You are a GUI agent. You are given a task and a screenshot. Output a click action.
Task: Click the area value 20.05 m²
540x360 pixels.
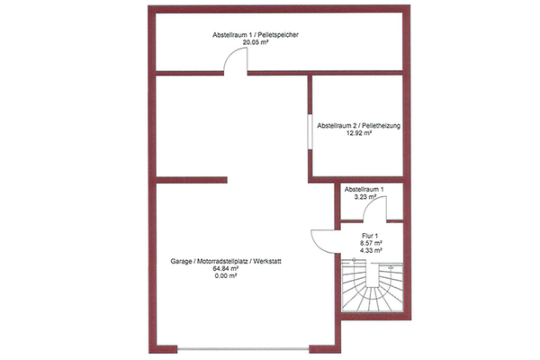[256, 42]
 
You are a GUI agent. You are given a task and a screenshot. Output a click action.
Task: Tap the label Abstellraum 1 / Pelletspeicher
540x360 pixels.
[256, 35]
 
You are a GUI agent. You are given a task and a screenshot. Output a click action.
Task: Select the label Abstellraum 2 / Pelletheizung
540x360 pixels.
[358, 126]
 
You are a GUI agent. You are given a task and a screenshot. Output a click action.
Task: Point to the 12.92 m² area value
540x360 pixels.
[358, 133]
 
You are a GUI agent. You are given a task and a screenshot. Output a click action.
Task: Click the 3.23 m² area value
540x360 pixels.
[364, 197]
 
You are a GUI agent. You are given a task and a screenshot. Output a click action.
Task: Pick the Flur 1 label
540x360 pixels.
[370, 236]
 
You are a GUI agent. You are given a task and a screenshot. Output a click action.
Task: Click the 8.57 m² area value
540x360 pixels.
[370, 243]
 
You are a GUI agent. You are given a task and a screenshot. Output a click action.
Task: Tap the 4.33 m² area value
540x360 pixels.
[370, 250]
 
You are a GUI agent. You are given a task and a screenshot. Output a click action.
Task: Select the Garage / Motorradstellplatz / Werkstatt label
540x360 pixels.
[226, 262]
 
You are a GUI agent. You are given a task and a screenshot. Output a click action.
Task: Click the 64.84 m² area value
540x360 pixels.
[226, 269]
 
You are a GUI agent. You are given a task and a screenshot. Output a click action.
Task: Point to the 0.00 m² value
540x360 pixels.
[226, 276]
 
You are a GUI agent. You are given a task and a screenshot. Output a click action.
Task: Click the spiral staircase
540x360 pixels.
[372, 287]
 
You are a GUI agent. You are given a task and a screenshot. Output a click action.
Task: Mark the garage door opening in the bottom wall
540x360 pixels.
[244, 349]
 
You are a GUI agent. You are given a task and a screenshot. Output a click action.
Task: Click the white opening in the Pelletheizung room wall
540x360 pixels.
[310, 130]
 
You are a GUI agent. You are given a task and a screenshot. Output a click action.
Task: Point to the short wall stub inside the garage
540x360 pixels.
[192, 180]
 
